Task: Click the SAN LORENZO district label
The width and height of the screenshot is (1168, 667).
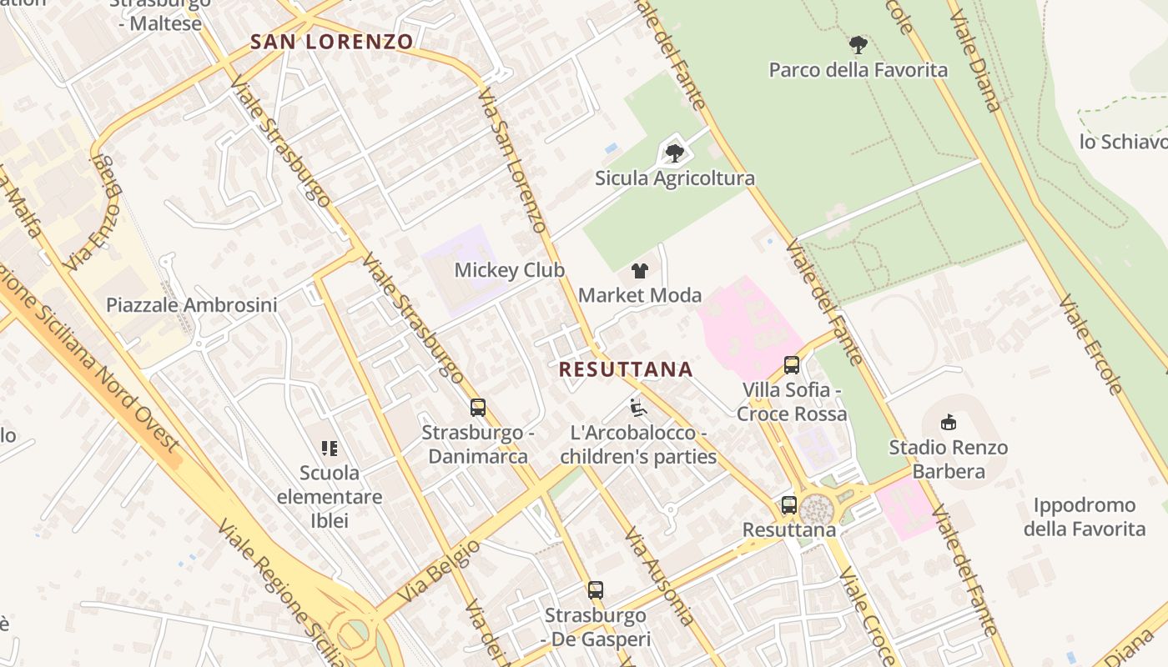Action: [332, 42]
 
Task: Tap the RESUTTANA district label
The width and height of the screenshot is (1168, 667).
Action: [626, 369]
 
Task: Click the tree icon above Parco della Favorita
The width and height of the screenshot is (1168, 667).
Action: [858, 45]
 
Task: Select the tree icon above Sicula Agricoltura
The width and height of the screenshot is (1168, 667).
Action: [675, 153]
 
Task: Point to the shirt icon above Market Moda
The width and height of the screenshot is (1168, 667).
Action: [640, 270]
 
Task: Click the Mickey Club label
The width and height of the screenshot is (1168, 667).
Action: [509, 270]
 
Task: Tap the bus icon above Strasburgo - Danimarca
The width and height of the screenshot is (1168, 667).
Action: [478, 408]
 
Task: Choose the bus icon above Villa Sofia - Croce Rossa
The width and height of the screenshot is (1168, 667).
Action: [792, 365]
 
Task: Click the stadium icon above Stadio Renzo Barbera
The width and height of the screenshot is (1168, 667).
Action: [948, 423]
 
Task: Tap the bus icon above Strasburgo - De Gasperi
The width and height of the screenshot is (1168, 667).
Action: [596, 590]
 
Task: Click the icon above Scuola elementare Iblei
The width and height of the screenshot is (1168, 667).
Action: [330, 449]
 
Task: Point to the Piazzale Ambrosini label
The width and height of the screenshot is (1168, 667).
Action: [191, 305]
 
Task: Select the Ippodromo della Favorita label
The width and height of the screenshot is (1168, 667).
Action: [1085, 517]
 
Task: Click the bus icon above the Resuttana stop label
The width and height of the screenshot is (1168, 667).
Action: [789, 504]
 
